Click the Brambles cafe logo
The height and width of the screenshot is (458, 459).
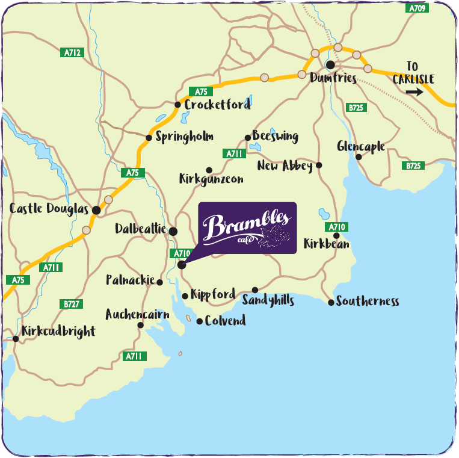click(x=247, y=227)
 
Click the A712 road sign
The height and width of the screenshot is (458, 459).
click(x=72, y=53)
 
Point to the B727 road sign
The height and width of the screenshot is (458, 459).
click(x=72, y=305)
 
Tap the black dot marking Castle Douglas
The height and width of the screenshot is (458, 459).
click(x=96, y=210)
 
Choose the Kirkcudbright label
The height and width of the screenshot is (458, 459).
click(x=58, y=332)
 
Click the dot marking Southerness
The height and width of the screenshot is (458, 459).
click(x=331, y=302)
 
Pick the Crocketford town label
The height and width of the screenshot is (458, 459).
click(x=217, y=105)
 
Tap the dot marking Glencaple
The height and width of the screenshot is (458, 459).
click(x=358, y=157)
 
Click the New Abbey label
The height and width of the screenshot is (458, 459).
click(x=285, y=166)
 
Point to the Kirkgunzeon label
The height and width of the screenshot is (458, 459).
click(x=211, y=179)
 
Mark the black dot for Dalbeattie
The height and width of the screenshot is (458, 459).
click(x=173, y=231)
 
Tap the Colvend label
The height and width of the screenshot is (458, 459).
click(x=225, y=321)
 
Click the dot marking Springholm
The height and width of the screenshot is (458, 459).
click(x=149, y=138)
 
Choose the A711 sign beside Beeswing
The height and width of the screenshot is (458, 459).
click(x=234, y=154)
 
